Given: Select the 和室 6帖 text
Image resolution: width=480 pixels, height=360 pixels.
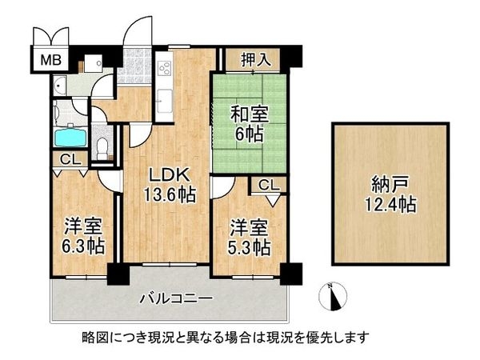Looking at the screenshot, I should pyautogui.click(x=249, y=124).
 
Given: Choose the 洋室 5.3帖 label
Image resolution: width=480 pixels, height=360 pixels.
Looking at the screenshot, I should pyautogui.click(x=248, y=235).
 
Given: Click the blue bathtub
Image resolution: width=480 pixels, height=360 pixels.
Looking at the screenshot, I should pyautogui.click(x=70, y=136).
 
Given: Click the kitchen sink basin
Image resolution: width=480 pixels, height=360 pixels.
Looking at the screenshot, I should pyautogui.click(x=165, y=101).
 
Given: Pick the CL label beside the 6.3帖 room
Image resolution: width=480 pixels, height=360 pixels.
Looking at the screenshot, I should pyautogui.click(x=69, y=159).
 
